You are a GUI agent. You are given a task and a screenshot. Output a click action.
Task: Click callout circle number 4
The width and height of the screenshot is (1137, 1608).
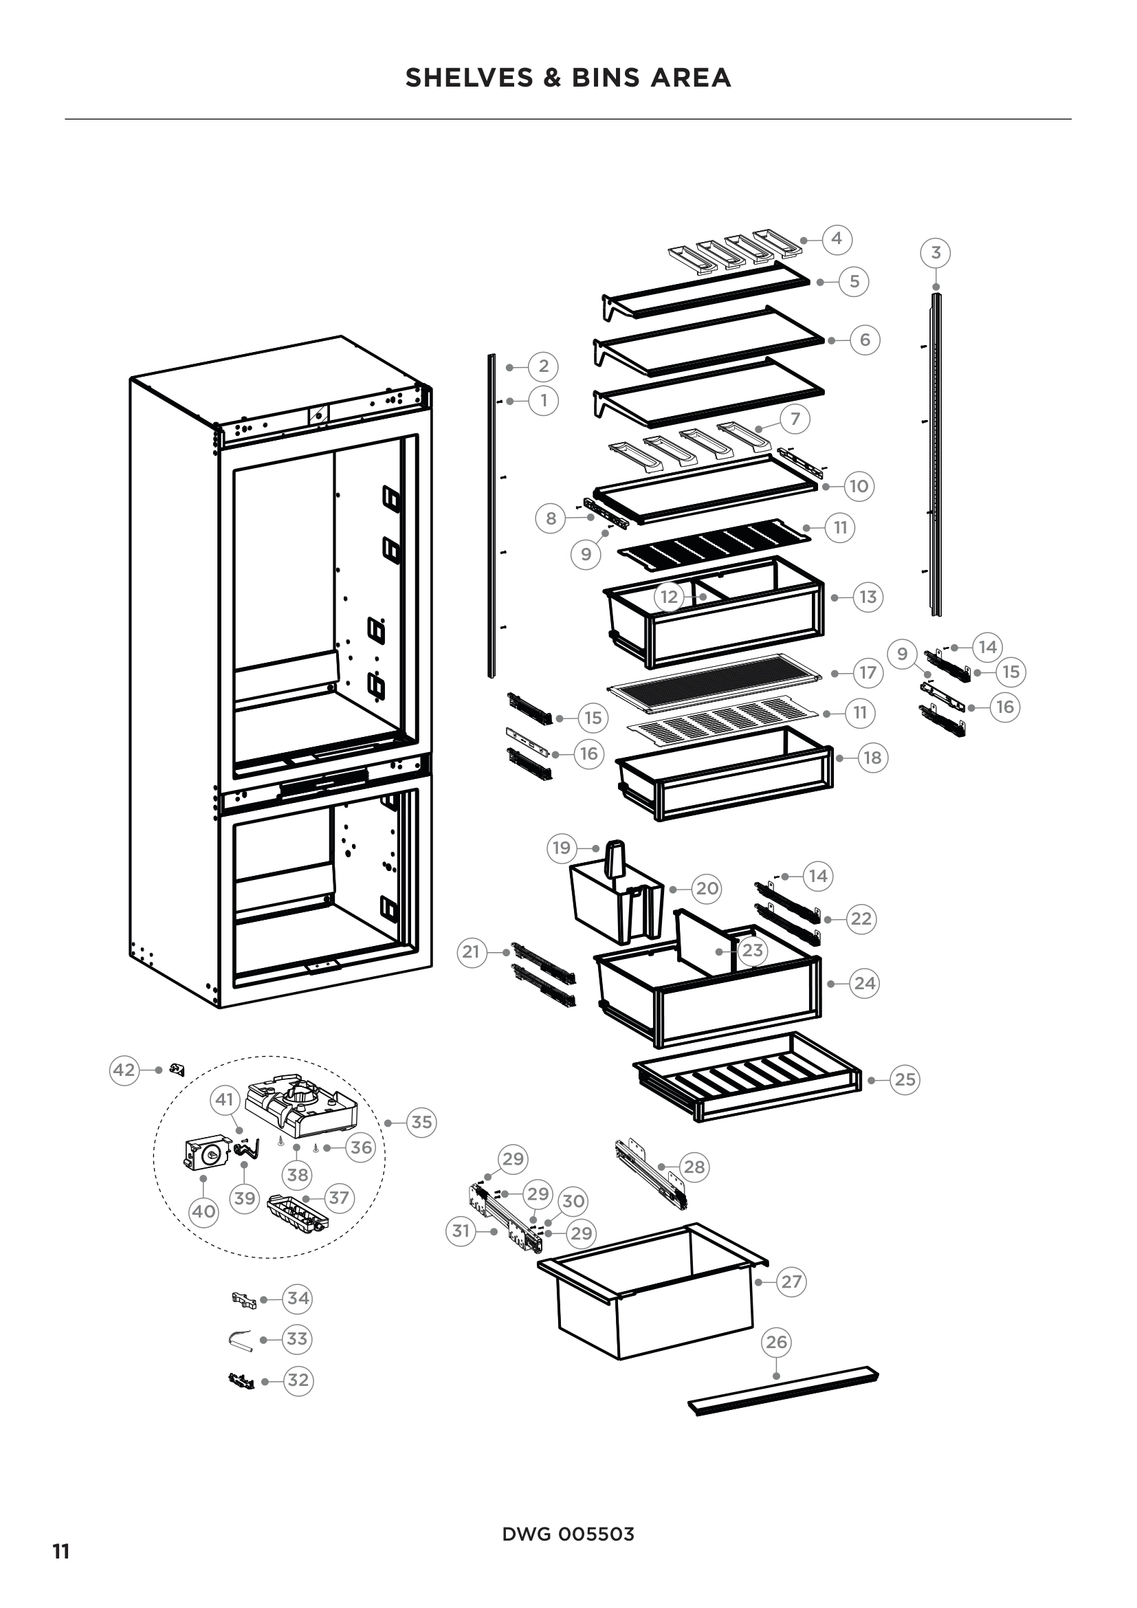click(x=837, y=239)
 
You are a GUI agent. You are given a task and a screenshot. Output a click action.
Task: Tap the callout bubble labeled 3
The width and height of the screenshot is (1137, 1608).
click(x=936, y=253)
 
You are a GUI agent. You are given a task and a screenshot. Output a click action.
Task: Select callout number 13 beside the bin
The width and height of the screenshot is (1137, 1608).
click(x=868, y=597)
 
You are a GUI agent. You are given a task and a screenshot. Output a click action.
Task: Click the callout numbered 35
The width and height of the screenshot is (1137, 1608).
click(x=421, y=1123)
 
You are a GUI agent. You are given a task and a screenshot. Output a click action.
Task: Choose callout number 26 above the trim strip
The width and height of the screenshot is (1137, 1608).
click(x=776, y=1342)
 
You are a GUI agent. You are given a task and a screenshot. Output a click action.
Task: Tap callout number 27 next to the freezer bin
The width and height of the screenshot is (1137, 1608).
click(x=791, y=1281)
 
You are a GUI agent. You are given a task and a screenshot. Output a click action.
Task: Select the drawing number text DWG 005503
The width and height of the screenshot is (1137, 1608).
click(x=568, y=1534)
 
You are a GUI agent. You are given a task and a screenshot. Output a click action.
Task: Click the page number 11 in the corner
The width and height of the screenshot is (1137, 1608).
click(x=62, y=1552)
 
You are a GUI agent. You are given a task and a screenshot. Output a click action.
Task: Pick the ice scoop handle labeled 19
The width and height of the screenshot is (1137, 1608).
click(x=615, y=859)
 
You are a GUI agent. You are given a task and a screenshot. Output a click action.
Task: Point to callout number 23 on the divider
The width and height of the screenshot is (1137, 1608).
click(x=753, y=950)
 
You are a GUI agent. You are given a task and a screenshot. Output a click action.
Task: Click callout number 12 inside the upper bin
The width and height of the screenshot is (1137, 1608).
click(x=670, y=597)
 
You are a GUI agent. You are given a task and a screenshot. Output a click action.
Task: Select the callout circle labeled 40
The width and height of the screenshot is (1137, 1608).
click(x=203, y=1211)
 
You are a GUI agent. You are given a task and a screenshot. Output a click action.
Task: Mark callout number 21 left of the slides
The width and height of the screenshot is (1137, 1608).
click(x=472, y=951)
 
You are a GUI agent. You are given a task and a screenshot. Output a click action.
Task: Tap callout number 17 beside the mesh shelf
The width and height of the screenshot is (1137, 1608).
click(x=868, y=672)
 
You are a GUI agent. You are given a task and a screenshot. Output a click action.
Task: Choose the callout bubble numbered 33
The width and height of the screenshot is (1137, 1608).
click(x=298, y=1339)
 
